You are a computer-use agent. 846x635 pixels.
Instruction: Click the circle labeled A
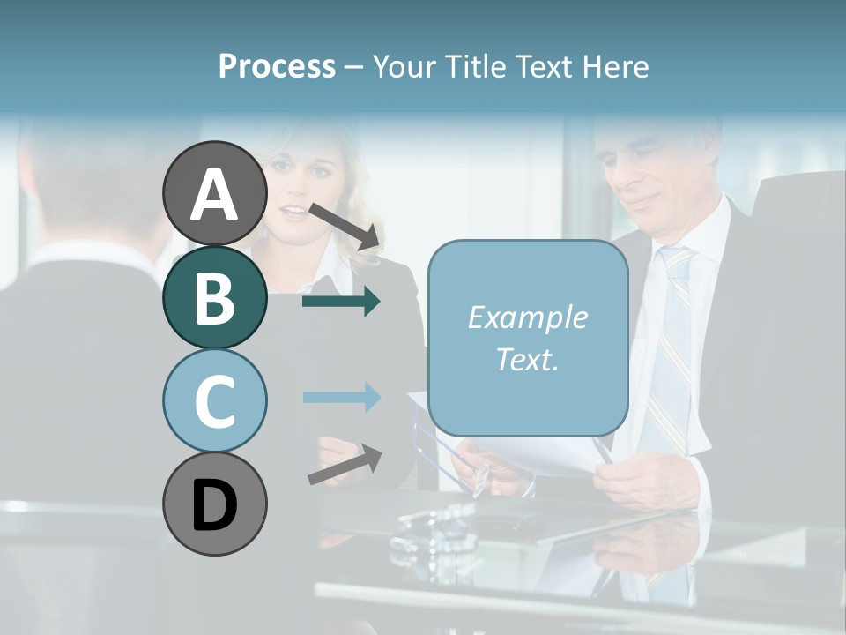pyautogui.click(x=214, y=194)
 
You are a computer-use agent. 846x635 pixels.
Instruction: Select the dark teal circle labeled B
pyautogui.click(x=214, y=297)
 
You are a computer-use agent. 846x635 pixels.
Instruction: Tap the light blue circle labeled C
pyautogui.click(x=214, y=400)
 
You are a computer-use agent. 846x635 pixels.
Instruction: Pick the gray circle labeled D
pyautogui.click(x=214, y=504)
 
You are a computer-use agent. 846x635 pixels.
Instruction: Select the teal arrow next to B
pyautogui.click(x=340, y=302)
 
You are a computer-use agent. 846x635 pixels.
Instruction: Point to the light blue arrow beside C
pyautogui.click(x=340, y=397)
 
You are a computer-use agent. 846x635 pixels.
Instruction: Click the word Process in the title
pyautogui.click(x=277, y=66)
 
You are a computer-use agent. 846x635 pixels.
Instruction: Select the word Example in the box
pyautogui.click(x=527, y=317)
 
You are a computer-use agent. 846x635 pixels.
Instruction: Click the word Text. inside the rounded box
pyautogui.click(x=527, y=359)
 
